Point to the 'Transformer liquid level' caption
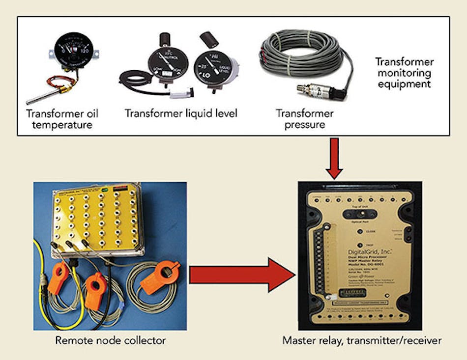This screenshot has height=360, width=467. coord(181,113)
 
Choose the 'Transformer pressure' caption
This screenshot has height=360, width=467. coord(304,119)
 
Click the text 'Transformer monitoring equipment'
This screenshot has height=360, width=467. coord(404,73)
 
